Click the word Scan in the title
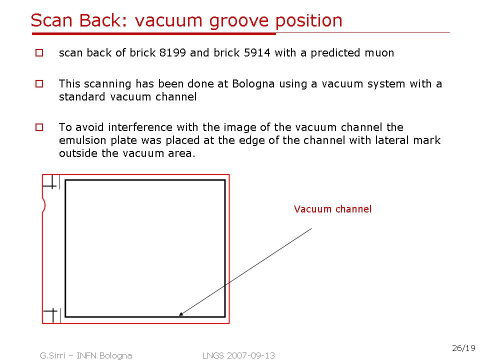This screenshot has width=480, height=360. click(x=51, y=20)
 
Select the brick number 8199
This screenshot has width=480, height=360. click(x=172, y=52)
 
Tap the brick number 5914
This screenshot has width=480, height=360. click(x=257, y=52)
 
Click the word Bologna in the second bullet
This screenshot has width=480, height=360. click(x=253, y=84)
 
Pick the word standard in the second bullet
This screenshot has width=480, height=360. click(x=82, y=96)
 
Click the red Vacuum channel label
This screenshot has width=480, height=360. click(x=332, y=209)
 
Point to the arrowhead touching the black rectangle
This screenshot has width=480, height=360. click(x=181, y=314)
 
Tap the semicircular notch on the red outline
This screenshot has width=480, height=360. click(x=44, y=205)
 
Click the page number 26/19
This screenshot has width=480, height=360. click(x=463, y=348)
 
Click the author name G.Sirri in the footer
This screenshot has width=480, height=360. click(x=52, y=355)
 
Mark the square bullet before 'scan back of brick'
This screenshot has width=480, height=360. click(x=39, y=52)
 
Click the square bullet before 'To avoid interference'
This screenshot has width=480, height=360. click(x=39, y=127)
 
